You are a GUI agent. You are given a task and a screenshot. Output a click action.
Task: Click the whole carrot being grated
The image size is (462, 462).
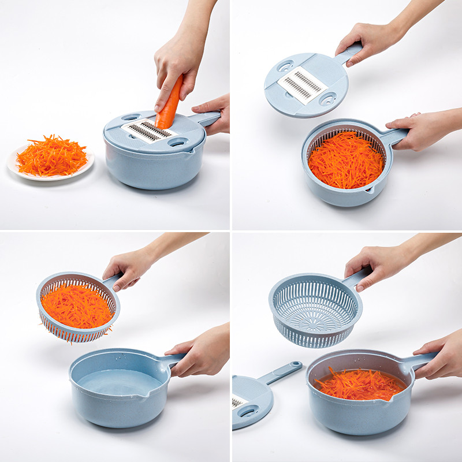169,104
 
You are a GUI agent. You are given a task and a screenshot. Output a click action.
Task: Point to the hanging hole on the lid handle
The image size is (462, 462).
295,366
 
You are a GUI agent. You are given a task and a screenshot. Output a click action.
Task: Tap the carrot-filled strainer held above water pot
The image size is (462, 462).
77,306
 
